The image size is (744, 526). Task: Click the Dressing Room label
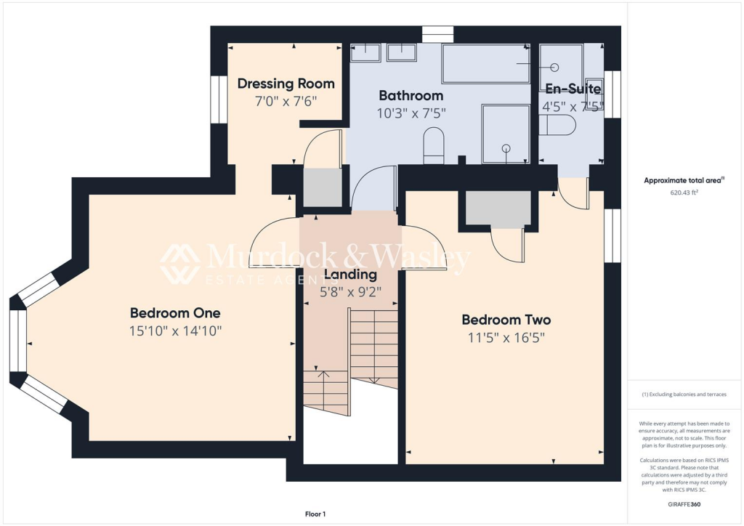(x=286, y=84)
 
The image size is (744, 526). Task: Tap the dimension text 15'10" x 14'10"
(x=175, y=331)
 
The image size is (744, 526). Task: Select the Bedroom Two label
(x=506, y=320)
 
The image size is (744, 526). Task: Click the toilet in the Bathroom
(x=434, y=143)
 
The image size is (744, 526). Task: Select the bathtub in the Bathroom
(x=486, y=64)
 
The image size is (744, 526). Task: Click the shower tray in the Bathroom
(x=506, y=134)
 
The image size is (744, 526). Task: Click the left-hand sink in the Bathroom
(x=365, y=52)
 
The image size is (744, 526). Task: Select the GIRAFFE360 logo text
(x=684, y=504)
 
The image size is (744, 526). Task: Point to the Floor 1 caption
(x=315, y=514)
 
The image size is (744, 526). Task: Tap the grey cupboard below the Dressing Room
(x=321, y=188)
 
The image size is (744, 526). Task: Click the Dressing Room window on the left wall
(x=217, y=100)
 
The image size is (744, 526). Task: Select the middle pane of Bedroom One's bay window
(x=17, y=341)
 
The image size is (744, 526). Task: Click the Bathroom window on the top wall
(x=437, y=33)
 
